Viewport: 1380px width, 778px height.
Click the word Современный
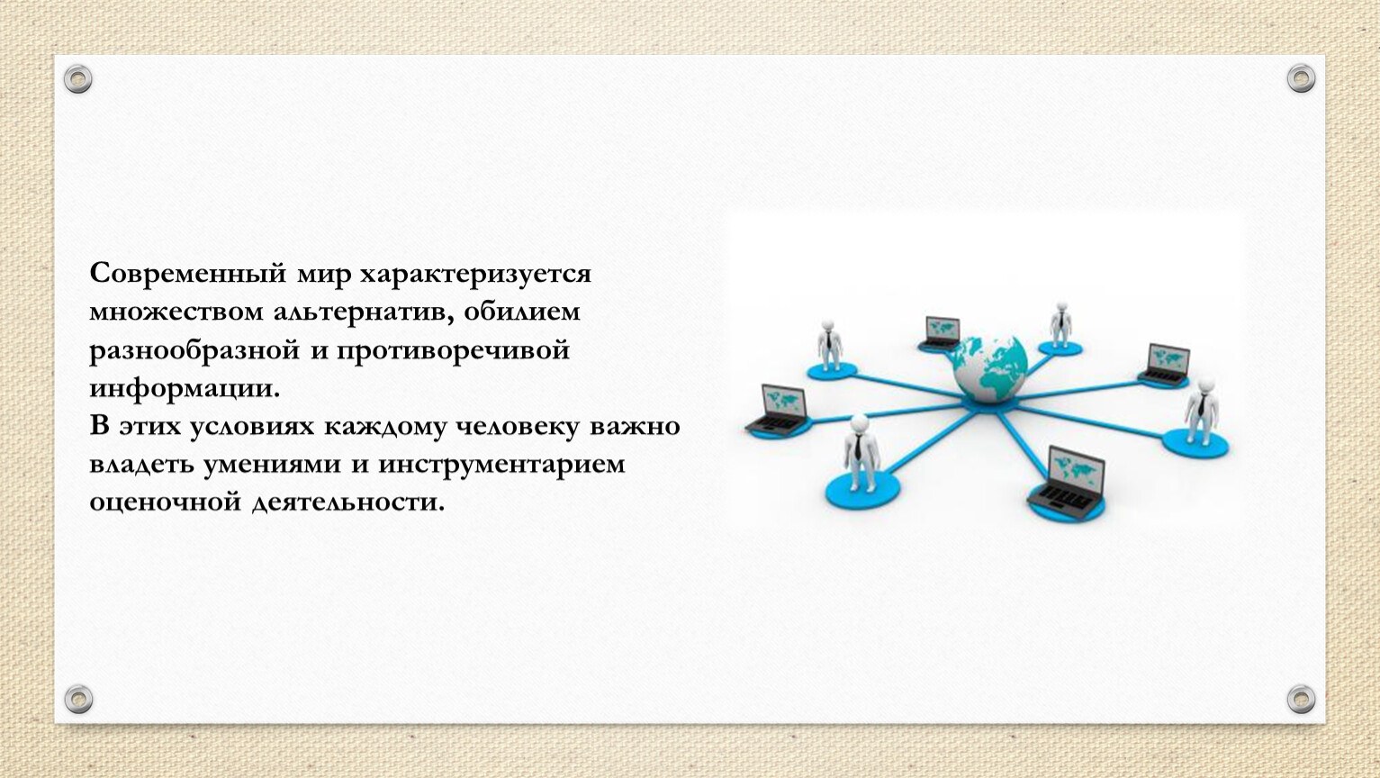click(188, 273)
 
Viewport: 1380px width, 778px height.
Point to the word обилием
click(522, 311)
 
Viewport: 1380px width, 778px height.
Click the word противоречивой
click(453, 351)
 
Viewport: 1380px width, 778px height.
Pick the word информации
click(185, 389)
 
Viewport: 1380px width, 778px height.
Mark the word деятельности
click(348, 502)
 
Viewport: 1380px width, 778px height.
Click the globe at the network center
click(989, 369)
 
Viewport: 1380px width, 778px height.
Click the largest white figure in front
click(861, 453)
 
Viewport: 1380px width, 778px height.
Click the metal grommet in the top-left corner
click(78, 79)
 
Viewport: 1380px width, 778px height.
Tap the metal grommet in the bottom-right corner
click(1301, 699)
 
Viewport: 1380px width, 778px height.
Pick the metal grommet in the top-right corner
click(1301, 78)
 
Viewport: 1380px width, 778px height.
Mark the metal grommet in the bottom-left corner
click(78, 699)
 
